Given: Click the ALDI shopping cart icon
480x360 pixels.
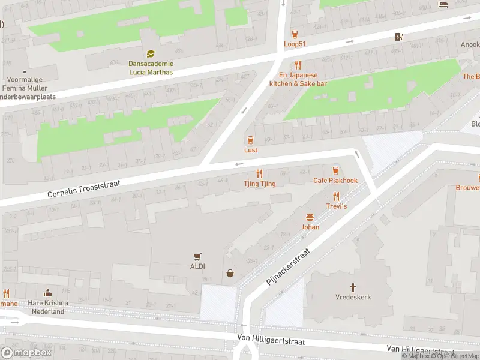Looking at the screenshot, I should coord(196,256).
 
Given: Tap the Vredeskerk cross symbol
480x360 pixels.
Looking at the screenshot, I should coord(353,287).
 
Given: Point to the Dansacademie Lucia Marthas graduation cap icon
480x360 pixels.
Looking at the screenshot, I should coord(150,54).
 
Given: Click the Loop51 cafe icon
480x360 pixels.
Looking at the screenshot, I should coord(295,34).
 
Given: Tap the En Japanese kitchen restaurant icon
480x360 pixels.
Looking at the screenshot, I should coord(298,65).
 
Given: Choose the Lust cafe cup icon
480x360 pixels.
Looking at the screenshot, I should coord(251,140).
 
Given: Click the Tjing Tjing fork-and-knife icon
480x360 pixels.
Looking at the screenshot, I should coord(260,173).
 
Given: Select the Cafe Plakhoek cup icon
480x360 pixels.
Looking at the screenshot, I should coord(335,170).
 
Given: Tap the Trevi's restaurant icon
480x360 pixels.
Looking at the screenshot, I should coord(336,196).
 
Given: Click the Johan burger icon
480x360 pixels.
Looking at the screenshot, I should coord(310,217).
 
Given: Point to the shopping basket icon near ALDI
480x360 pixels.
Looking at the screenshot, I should coord(230,274).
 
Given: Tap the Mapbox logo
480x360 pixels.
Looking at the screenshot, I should coord(27,353).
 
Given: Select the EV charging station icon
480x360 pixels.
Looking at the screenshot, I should coord(400,37).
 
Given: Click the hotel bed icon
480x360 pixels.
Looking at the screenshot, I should coord(443,5).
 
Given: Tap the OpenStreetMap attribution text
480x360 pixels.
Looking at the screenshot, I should coord(457,356).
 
